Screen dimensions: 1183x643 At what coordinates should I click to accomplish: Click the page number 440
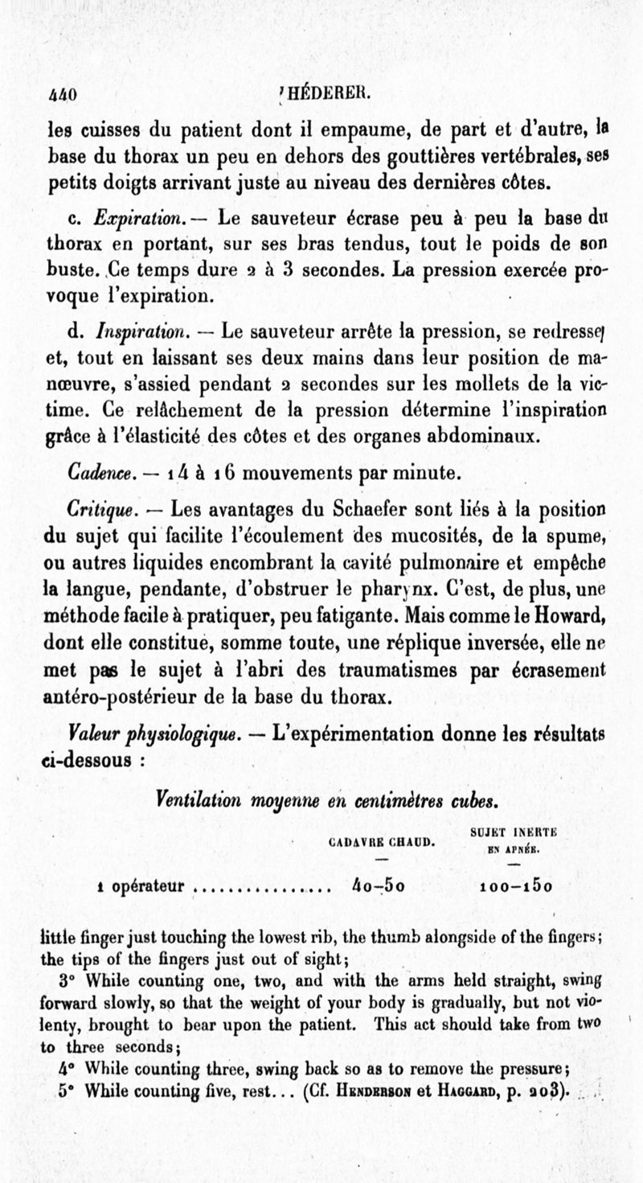pyautogui.click(x=62, y=94)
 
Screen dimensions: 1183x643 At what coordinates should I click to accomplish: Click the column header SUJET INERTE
pyautogui.click(x=515, y=834)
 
